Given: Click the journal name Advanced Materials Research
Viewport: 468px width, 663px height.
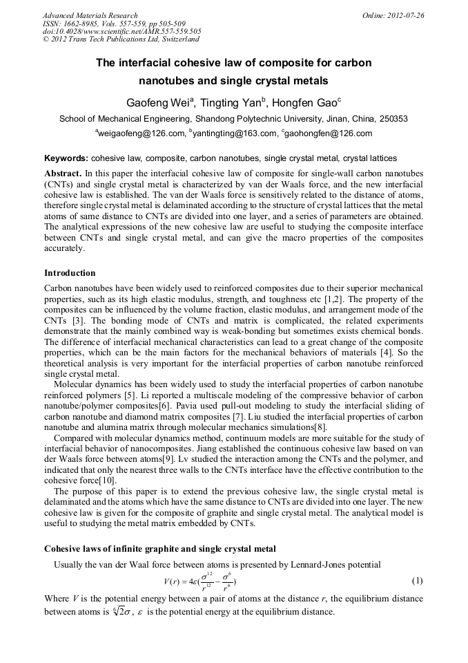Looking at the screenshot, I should coord(90,15).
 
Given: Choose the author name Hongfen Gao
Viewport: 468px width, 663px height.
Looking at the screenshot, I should coord(308,104).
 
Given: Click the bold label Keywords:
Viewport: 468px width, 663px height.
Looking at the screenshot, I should coord(66,158).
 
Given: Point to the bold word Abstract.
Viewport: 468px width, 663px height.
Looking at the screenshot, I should coord(64,172).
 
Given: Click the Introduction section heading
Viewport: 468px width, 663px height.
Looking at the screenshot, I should coord(70,273).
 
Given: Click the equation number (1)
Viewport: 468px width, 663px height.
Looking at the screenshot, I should coord(416,581).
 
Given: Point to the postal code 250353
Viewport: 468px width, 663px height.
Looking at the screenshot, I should coord(393,119).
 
